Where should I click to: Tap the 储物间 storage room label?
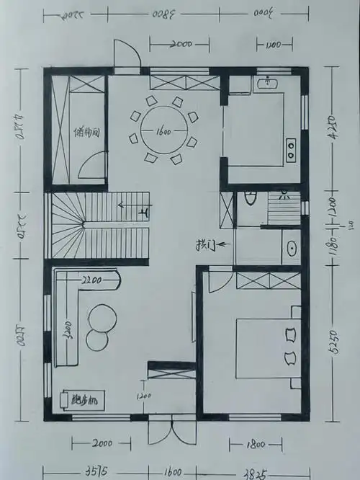[x=86, y=133]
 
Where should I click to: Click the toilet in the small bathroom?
[x=249, y=197]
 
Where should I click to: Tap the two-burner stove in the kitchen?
[x=292, y=148]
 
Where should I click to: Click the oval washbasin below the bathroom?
[x=292, y=249]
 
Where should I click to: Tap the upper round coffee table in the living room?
[x=102, y=316]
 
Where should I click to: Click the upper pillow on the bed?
[x=291, y=334]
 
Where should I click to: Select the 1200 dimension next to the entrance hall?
[x=143, y=395]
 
